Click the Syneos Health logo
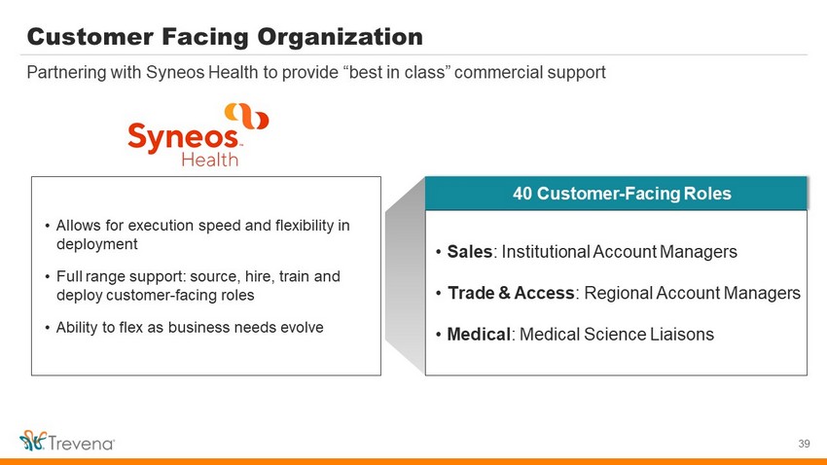(198, 135)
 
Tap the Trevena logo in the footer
(67, 441)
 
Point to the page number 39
(804, 444)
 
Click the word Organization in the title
(340, 37)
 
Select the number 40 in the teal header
(522, 194)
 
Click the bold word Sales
(469, 252)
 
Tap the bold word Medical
(479, 335)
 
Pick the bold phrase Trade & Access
(511, 293)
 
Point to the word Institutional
(546, 252)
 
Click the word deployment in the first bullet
(97, 244)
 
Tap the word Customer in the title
(89, 37)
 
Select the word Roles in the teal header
(707, 194)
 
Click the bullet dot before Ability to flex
(48, 328)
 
